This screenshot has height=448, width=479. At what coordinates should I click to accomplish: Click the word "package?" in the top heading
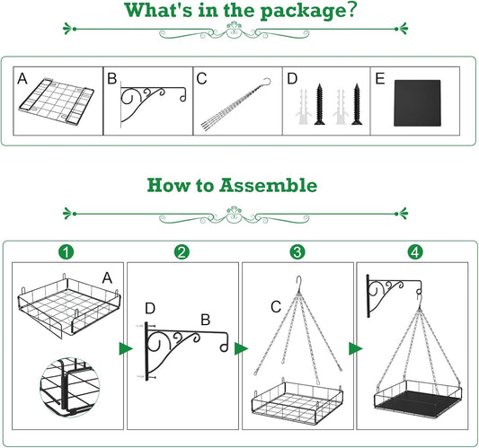(308, 11)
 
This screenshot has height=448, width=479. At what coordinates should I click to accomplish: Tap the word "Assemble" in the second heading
(268, 185)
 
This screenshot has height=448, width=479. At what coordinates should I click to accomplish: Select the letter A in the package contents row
(22, 79)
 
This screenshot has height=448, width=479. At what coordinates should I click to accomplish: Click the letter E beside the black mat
(380, 79)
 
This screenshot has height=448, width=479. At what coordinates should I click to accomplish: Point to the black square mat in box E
(417, 103)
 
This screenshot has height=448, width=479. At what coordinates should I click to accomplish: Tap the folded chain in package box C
(235, 105)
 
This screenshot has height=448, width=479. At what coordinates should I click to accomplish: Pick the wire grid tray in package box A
(57, 101)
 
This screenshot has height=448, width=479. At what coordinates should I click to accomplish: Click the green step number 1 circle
(67, 252)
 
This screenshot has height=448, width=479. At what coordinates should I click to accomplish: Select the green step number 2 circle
(182, 252)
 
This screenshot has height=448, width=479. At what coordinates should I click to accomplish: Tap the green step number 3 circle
(297, 252)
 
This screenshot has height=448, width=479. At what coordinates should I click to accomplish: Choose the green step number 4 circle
(415, 252)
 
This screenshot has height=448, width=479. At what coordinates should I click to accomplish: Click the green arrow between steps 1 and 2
(125, 349)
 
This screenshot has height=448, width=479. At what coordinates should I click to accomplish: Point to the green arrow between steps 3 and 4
(355, 349)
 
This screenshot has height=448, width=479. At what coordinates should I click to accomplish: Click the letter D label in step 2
(150, 309)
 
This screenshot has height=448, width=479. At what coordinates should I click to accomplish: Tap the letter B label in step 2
(206, 320)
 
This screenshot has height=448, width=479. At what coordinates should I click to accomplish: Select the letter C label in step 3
(276, 307)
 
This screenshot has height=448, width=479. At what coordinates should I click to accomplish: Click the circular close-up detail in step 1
(70, 387)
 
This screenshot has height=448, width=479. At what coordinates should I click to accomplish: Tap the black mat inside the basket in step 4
(418, 402)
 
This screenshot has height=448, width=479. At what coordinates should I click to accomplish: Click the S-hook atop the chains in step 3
(299, 285)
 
